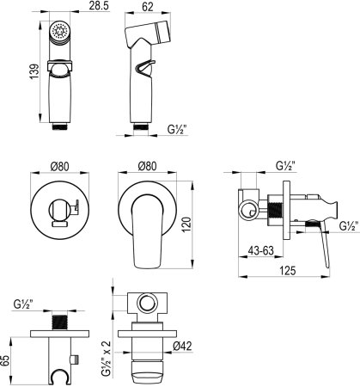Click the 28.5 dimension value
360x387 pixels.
(99, 6)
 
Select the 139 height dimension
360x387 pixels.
(34, 71)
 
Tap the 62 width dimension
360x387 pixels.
(148, 7)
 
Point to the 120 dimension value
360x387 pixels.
(186, 224)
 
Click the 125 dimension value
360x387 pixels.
(287, 270)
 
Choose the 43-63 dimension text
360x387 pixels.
(261, 251)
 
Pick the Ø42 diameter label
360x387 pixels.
(182, 346)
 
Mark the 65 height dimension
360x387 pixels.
(5, 360)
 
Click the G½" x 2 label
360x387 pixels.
(106, 359)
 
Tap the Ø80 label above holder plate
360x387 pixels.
(60, 167)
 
